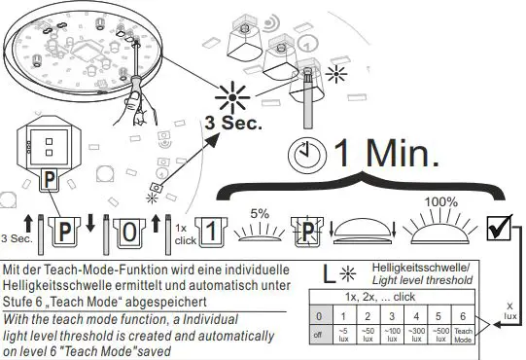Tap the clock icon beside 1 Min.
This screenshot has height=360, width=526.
tap(308, 154)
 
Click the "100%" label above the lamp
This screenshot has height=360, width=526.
tap(440, 201)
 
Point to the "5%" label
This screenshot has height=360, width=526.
tap(261, 214)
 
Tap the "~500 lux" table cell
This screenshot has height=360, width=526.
tap(441, 335)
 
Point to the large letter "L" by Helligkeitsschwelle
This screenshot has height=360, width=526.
tap(331, 274)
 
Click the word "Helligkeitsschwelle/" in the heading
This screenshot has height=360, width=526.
tap(426, 267)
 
